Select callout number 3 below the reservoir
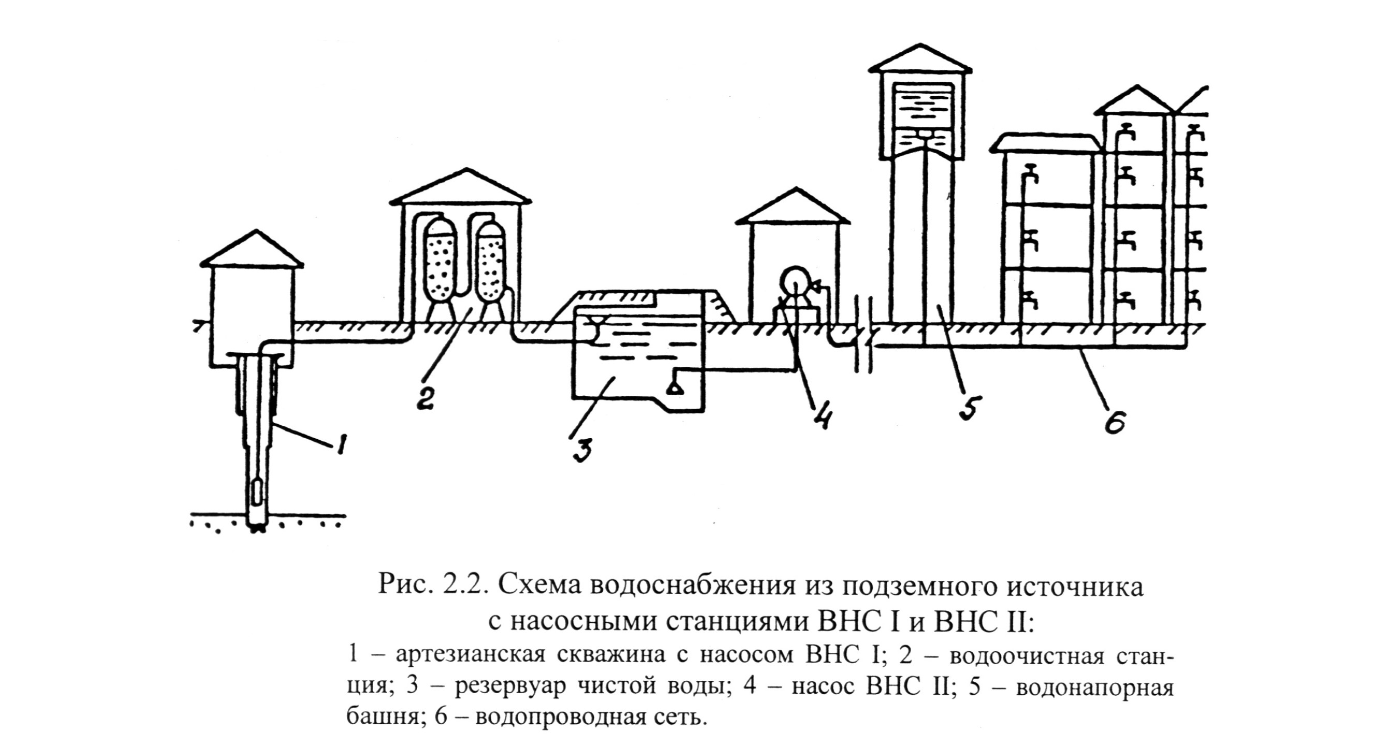pos(582,447)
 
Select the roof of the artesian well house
pos(252,251)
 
